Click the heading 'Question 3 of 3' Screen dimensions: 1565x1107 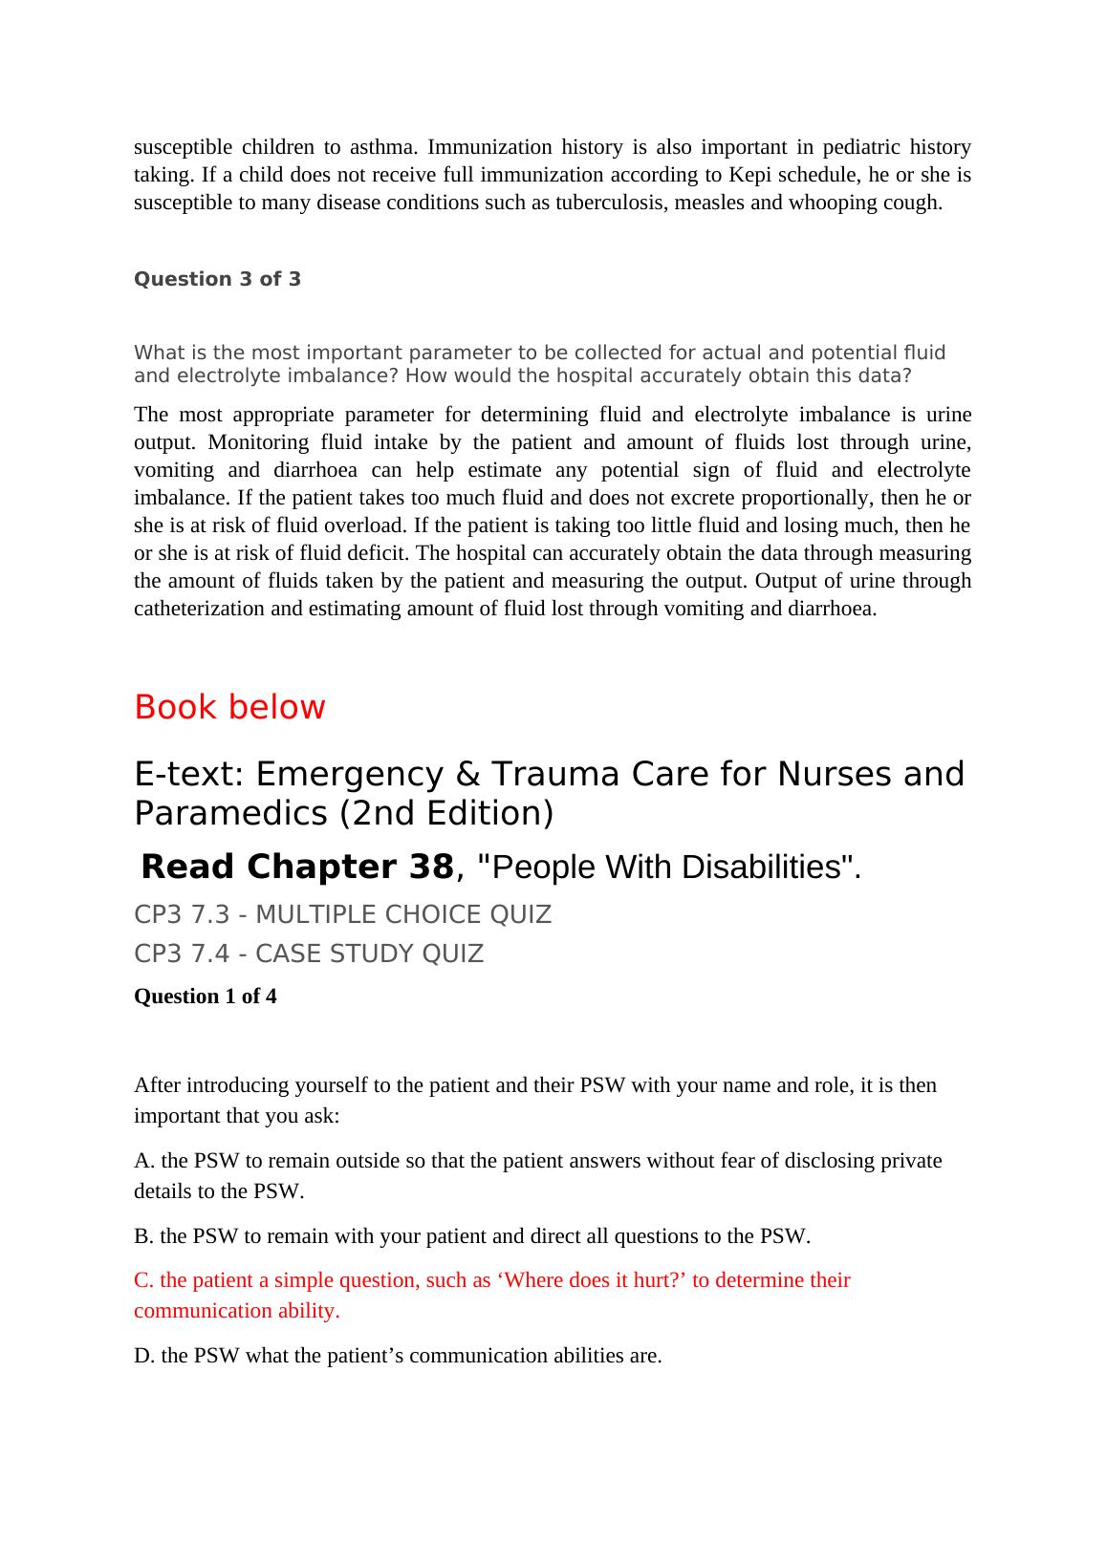[x=217, y=279]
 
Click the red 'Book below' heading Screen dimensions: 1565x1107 [x=229, y=707]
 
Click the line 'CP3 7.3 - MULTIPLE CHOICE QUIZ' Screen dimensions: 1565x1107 [x=342, y=914]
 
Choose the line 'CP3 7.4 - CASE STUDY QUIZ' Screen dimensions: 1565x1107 [x=309, y=954]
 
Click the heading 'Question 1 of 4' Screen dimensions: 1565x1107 [x=206, y=997]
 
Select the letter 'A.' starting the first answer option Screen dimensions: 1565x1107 [x=144, y=1161]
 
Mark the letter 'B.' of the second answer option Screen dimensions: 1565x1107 [x=144, y=1236]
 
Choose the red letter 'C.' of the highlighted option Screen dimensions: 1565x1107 [x=144, y=1280]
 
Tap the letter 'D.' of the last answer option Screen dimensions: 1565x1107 [x=144, y=1356]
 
